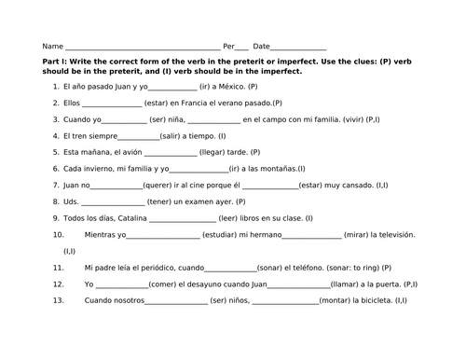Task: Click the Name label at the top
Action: point(52,46)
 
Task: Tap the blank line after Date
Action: point(298,47)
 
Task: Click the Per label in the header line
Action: point(228,46)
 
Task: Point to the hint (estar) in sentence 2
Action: point(158,103)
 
